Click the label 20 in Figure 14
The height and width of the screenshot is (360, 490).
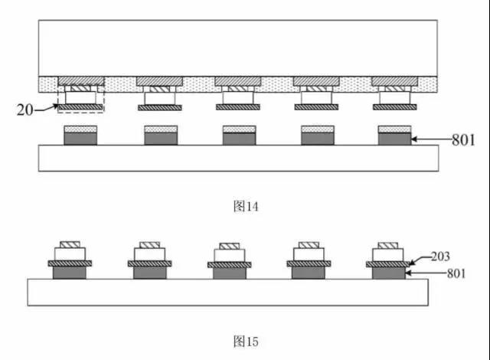coord(24,110)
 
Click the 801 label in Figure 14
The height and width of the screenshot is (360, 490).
coord(463,139)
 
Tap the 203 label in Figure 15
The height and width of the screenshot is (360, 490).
coord(440,257)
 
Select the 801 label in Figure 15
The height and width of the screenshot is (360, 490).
coord(456,273)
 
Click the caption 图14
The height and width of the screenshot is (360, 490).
coord(246,206)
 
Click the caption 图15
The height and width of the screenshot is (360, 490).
coord(246,342)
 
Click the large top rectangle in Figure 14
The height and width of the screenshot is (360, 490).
coord(238,48)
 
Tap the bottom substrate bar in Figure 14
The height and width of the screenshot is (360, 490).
coord(238,158)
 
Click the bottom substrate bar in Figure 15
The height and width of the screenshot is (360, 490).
coord(228,292)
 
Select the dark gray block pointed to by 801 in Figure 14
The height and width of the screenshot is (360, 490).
coord(395,139)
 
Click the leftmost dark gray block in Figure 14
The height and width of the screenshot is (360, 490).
coord(80,139)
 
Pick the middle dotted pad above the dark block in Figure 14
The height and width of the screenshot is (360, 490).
coord(240,129)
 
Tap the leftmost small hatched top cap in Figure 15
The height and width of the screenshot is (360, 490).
coord(70,244)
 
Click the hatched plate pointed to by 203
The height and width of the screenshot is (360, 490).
coord(388,264)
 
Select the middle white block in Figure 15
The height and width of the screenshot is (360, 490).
coord(230,256)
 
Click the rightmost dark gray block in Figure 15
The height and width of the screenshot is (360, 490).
coord(389,273)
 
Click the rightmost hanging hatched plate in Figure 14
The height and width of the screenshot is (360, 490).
coord(395,107)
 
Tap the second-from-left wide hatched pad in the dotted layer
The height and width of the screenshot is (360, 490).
coord(159,81)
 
